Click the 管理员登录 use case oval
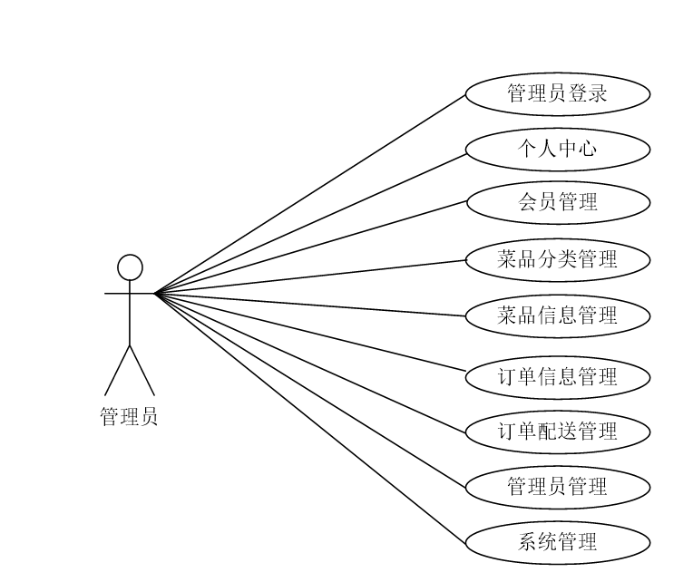click(558, 93)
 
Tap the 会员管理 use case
click(558, 202)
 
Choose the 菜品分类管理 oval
click(558, 259)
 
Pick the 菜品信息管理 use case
click(558, 315)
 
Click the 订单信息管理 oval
click(558, 376)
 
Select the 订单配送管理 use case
click(558, 432)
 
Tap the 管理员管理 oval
click(558, 487)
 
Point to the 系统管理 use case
click(558, 543)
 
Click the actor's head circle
click(131, 267)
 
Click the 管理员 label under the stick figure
click(129, 417)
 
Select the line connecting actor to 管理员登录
click(311, 193)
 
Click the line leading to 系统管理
click(311, 418)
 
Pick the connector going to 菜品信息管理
click(311, 305)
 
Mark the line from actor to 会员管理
click(311, 247)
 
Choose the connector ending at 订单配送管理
click(311, 363)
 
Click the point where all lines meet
click(155, 293)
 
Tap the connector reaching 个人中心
click(311, 221)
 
